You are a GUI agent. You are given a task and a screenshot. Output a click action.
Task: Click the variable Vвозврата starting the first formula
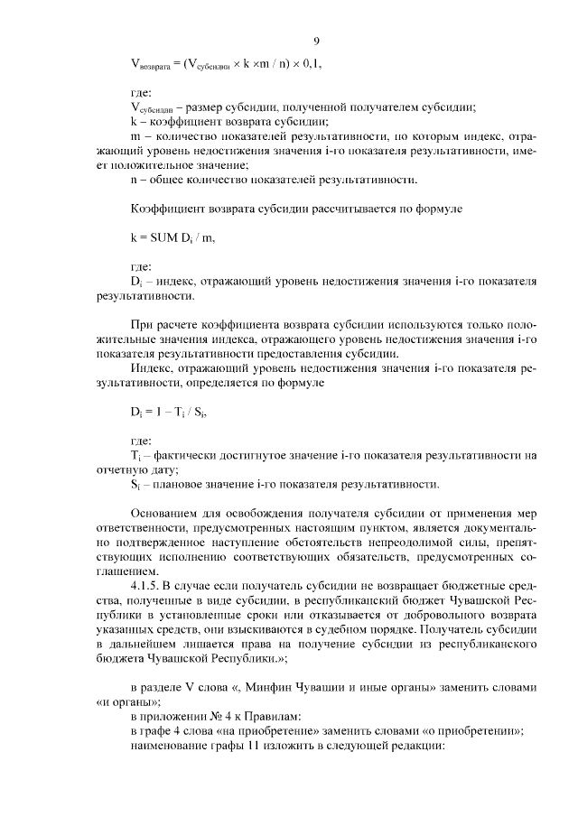point(151,65)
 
